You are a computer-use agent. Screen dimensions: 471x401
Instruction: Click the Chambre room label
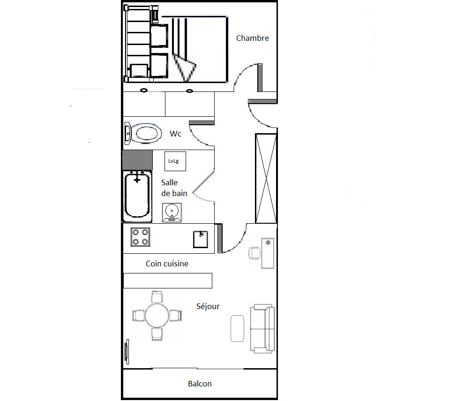(x=252, y=38)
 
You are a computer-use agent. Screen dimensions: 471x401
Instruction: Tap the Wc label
(x=175, y=134)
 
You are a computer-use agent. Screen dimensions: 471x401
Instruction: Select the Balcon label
(x=200, y=384)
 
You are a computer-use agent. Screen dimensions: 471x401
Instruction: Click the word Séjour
(x=208, y=306)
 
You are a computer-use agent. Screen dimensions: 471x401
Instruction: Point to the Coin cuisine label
(x=167, y=264)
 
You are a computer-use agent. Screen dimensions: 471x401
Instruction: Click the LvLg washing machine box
(x=175, y=161)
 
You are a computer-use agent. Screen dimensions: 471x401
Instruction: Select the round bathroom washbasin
(x=172, y=212)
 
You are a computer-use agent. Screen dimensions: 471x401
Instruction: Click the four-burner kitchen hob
(x=140, y=237)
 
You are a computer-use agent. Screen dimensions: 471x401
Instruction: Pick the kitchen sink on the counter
(x=201, y=239)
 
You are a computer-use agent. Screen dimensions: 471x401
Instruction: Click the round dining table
(x=157, y=316)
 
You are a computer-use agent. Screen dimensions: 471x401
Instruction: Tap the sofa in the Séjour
(x=262, y=329)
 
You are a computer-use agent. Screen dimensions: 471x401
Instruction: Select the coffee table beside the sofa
(x=237, y=329)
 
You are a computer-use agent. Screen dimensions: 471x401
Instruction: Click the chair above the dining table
(x=157, y=297)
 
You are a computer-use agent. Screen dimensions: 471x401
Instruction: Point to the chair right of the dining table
(x=175, y=316)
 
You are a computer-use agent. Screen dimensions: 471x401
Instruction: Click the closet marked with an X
(x=266, y=179)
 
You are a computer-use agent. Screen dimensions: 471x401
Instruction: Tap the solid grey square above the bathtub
(x=137, y=160)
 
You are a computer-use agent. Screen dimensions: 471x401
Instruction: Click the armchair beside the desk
(x=254, y=253)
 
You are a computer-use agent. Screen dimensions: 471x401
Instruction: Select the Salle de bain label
(x=174, y=188)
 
